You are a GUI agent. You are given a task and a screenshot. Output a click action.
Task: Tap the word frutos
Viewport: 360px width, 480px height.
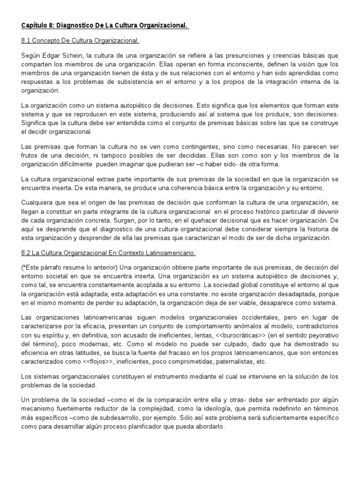(x=30, y=156)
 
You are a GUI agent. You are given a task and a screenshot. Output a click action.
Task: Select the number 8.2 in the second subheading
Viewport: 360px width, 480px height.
(x=26, y=253)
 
